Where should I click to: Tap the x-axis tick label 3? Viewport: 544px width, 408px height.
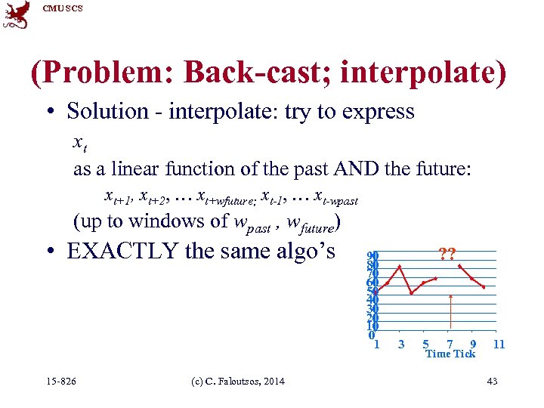[x=400, y=345]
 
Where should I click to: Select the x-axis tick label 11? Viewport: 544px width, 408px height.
[x=498, y=345]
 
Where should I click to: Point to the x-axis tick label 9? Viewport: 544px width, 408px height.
[x=473, y=345]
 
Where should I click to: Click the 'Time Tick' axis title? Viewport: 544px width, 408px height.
[x=450, y=354]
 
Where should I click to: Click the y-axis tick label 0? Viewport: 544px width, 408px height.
[x=371, y=335]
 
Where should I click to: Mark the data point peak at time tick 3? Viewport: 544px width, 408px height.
[x=400, y=266]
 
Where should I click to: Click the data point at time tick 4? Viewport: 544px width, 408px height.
[x=412, y=293]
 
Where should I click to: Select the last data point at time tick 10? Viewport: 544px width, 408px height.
[x=484, y=288]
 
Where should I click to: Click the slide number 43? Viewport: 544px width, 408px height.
[x=493, y=382]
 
